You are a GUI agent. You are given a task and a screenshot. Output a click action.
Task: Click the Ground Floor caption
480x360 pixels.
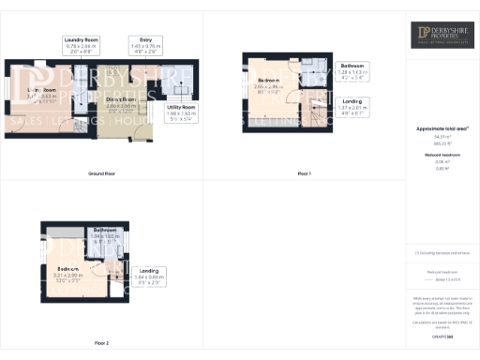[101, 174]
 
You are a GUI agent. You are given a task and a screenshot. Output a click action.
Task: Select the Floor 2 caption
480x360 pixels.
[101, 343]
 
